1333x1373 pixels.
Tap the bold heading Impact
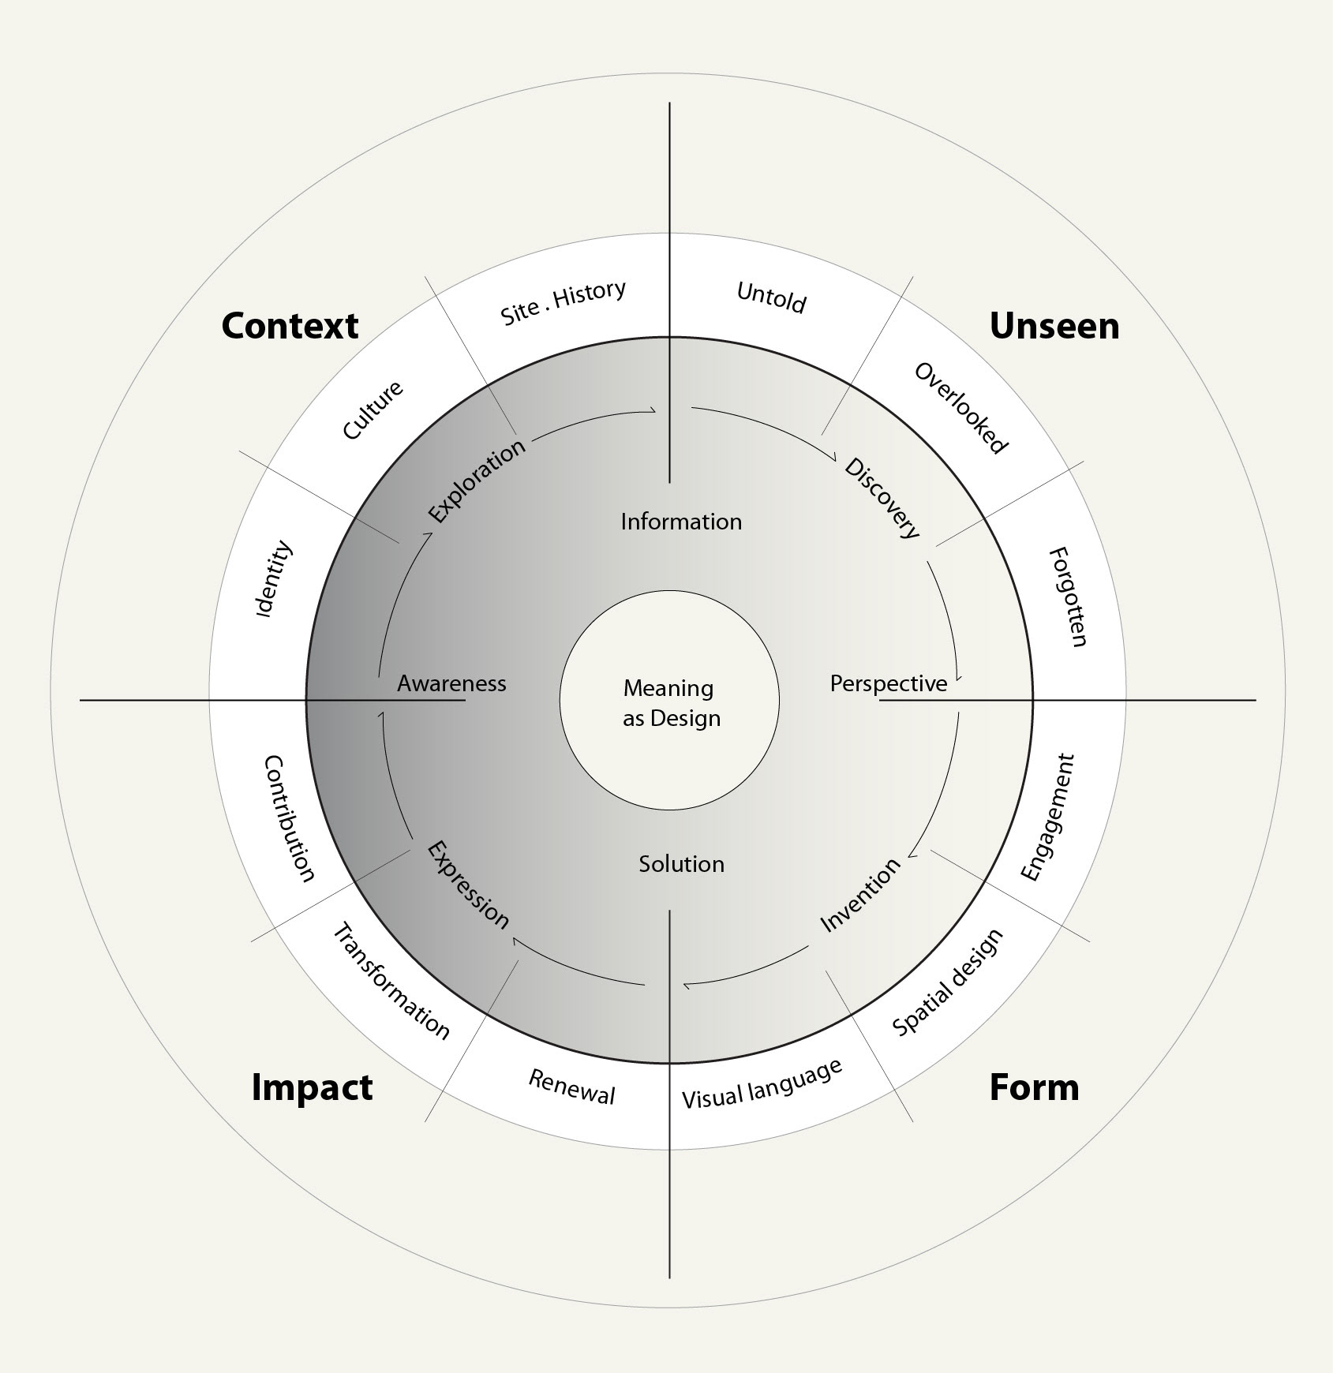point(312,1087)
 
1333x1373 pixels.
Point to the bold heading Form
point(1034,1087)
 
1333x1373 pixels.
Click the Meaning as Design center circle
point(670,701)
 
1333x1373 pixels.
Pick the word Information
point(681,522)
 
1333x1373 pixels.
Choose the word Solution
point(681,864)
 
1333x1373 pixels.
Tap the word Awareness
point(451,683)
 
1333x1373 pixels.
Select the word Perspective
point(888,683)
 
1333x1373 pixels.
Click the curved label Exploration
point(477,481)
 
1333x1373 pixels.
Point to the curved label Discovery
point(882,498)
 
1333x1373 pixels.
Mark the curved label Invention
point(860,895)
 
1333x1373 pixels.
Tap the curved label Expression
point(468,885)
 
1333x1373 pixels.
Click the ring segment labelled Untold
point(771,298)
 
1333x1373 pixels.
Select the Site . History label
point(564,302)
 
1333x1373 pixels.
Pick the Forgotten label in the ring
point(1069,597)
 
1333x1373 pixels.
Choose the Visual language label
point(762,1084)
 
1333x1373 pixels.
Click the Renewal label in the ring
point(571,1087)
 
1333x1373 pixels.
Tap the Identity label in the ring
point(274,579)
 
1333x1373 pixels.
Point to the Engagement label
point(1047,817)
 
